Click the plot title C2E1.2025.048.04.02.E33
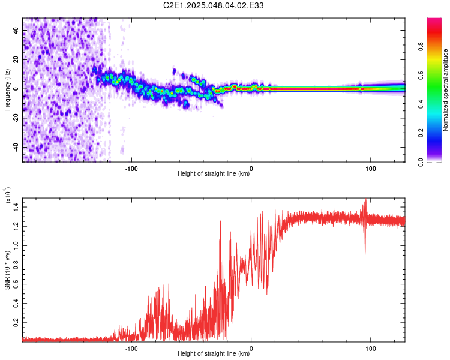pyautogui.click(x=213, y=5)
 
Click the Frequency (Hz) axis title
pyautogui.click(x=7, y=90)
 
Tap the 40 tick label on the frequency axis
pyautogui.click(x=16, y=30)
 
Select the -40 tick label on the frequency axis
pyautogui.click(x=16, y=148)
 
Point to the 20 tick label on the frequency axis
pyautogui.click(x=16, y=59)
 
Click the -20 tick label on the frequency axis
pyautogui.click(x=16, y=118)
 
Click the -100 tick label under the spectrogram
pyautogui.click(x=131, y=169)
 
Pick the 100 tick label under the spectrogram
pyautogui.click(x=371, y=169)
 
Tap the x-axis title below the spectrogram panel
pyautogui.click(x=214, y=173)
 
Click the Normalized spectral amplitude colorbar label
pyautogui.click(x=445, y=90)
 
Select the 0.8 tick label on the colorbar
pyautogui.click(x=421, y=47)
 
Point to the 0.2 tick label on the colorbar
pyautogui.click(x=421, y=133)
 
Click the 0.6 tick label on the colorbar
pyautogui.click(x=421, y=76)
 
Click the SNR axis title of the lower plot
pyautogui.click(x=7, y=270)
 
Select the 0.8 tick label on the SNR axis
pyautogui.click(x=16, y=265)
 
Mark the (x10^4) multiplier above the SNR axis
pyautogui.click(x=8, y=195)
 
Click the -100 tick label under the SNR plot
pyautogui.click(x=131, y=349)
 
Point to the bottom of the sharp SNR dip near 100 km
pyautogui.click(x=365, y=254)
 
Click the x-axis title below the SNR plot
pyautogui.click(x=214, y=353)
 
